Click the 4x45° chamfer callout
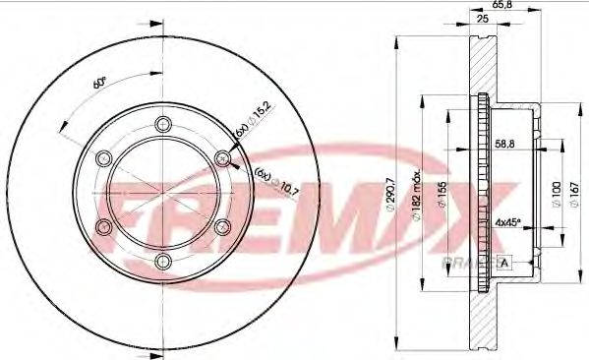pyautogui.click(x=509, y=222)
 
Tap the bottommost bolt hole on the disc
pyautogui.click(x=163, y=261)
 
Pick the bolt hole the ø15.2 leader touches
pyautogui.click(x=223, y=157)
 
